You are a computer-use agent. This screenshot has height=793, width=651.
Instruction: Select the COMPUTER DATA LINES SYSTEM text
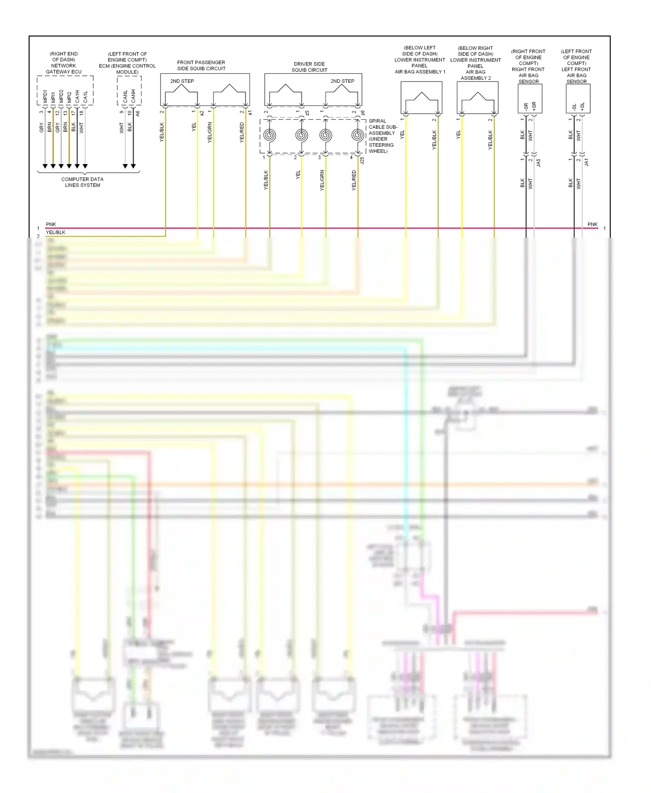point(82,182)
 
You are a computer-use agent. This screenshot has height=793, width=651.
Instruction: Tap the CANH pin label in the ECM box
point(133,96)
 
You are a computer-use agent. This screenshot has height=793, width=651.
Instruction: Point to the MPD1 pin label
point(45,96)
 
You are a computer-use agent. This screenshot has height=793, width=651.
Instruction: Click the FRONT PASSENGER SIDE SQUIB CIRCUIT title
point(201,66)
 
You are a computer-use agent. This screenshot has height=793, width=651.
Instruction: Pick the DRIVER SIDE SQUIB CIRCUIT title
point(309,67)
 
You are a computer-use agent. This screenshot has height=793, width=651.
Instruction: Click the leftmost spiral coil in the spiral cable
point(270,135)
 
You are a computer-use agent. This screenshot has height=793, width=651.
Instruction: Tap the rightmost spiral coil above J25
point(358,135)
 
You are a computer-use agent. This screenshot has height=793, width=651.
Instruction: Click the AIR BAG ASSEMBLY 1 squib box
point(421,98)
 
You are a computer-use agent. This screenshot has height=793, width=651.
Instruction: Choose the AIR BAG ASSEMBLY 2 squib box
point(477,98)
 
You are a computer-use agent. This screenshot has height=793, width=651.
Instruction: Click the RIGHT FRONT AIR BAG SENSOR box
point(530,99)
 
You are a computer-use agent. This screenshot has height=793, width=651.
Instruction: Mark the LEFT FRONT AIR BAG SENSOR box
point(578,99)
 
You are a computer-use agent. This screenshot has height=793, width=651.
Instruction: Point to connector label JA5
point(539,163)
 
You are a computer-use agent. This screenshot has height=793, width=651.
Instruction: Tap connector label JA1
point(587,163)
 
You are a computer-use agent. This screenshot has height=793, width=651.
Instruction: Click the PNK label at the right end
point(592,224)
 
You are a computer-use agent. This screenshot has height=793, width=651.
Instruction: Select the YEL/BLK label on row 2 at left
point(56,233)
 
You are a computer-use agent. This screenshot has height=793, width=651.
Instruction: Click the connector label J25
point(362,160)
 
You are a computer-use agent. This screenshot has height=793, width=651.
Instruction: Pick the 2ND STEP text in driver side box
point(342,81)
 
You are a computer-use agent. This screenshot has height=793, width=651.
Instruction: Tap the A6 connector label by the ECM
point(138,113)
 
